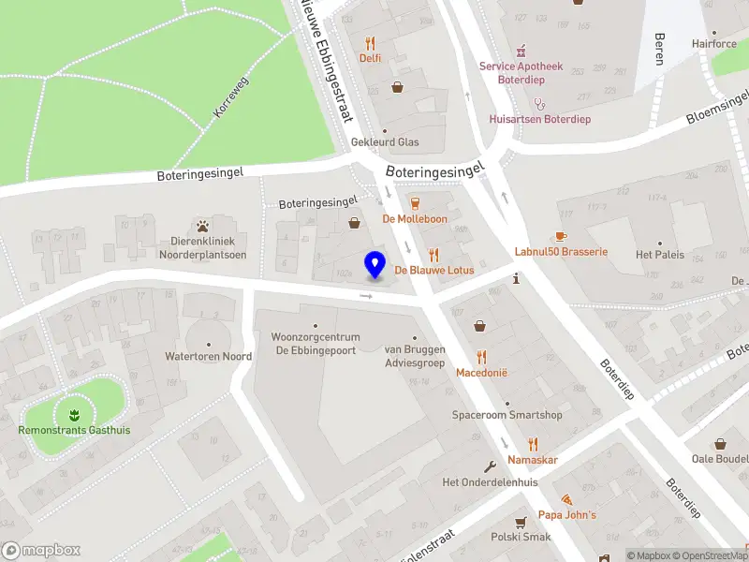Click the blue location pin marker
(375, 264)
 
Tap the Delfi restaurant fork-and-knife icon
(371, 43)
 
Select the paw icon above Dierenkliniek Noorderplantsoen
(203, 226)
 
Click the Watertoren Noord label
(209, 356)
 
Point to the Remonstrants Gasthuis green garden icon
(74, 413)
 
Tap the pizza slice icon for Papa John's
(567, 499)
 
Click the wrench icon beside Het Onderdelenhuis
(489, 466)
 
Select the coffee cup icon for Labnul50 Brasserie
(561, 236)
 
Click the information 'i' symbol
(516, 278)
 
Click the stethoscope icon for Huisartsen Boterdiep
(537, 103)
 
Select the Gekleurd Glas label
(385, 142)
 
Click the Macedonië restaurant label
(481, 372)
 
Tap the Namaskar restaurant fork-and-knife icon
(533, 444)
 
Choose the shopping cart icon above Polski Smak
(520, 522)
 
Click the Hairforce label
(714, 43)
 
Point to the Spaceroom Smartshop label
(507, 415)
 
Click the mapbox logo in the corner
(41, 551)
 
